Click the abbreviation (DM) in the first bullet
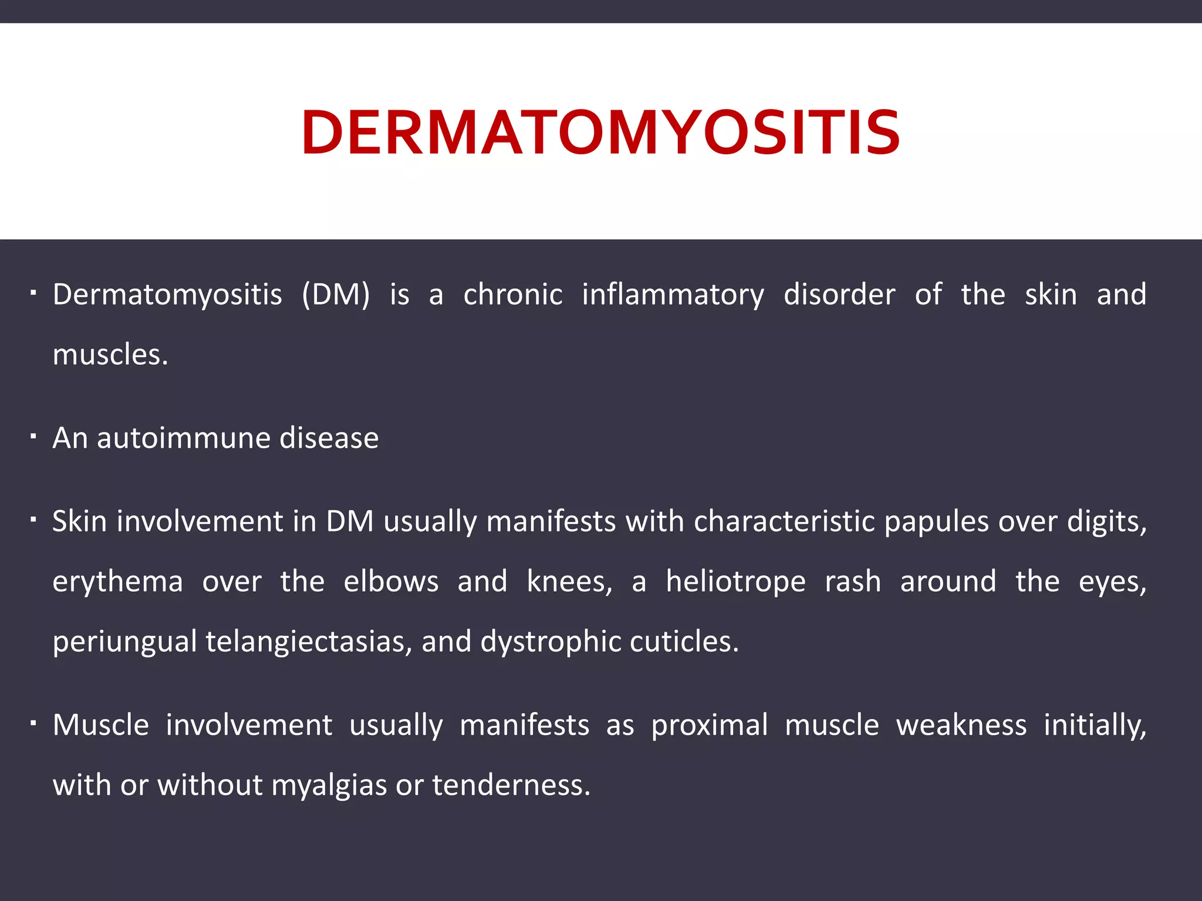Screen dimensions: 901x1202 [x=336, y=294]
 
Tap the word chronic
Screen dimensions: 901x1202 [x=513, y=294]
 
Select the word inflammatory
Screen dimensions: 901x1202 [x=673, y=294]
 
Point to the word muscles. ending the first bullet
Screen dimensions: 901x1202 [x=110, y=355]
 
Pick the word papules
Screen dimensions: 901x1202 [x=936, y=521]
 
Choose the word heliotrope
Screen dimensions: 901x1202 [x=735, y=582]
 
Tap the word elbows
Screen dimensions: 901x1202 [x=391, y=582]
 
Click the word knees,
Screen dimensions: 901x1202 [x=569, y=582]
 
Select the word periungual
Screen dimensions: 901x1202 [x=124, y=642]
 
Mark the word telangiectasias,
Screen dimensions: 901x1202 [x=309, y=642]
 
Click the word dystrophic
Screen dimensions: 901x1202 [x=550, y=642]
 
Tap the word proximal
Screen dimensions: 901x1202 [x=709, y=726]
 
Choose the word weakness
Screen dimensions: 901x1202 [x=961, y=726]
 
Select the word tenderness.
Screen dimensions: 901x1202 [x=511, y=785]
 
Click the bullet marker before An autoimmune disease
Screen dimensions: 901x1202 [x=34, y=436]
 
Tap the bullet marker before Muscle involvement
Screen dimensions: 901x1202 [x=34, y=723]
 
